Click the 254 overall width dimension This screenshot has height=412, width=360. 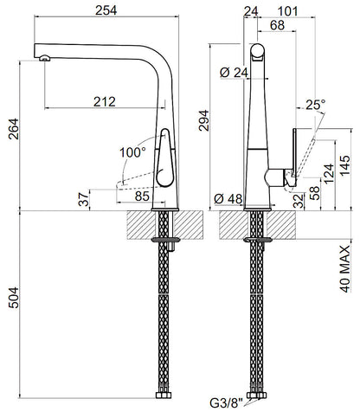106,10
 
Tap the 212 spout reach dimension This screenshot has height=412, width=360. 105,101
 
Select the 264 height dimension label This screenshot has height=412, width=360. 14,129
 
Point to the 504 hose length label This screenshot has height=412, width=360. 14,298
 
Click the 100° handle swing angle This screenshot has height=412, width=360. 132,152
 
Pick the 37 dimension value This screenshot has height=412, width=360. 84,199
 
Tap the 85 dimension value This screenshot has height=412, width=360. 142,196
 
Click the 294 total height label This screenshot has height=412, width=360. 204,120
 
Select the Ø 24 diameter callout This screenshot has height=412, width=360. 234,73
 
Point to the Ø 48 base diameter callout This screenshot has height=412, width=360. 228,199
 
